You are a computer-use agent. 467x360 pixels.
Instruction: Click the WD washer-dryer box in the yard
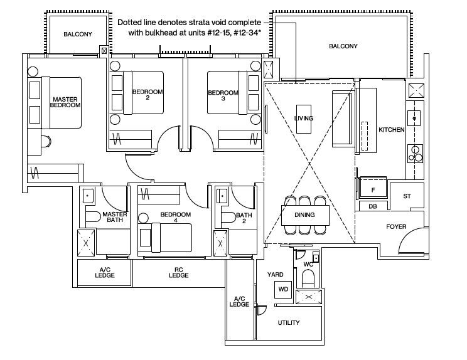click(283, 289)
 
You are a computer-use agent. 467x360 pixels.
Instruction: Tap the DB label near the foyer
click(373, 206)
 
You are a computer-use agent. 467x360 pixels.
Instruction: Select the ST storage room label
click(407, 196)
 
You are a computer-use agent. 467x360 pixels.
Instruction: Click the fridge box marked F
click(373, 188)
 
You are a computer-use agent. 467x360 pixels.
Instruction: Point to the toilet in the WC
click(308, 278)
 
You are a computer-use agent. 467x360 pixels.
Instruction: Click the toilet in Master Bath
click(94, 216)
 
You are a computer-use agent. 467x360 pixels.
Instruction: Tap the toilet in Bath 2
click(228, 217)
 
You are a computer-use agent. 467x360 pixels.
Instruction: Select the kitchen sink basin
click(414, 118)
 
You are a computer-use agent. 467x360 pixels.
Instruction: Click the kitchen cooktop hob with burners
click(415, 154)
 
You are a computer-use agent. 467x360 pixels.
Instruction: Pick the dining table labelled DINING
click(305, 215)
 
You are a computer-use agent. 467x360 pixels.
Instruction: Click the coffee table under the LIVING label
click(304, 119)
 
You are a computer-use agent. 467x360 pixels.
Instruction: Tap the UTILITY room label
click(289, 323)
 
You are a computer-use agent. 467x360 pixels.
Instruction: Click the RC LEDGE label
click(179, 273)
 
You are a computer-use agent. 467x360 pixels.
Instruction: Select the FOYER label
click(396, 226)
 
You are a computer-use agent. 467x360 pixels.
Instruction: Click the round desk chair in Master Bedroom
click(46, 141)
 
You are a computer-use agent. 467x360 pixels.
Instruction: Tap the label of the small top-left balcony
click(78, 34)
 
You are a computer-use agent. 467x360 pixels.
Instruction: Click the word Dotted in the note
click(127, 23)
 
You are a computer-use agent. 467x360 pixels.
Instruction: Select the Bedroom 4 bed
click(171, 238)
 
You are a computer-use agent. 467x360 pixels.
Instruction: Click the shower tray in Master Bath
click(86, 243)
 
